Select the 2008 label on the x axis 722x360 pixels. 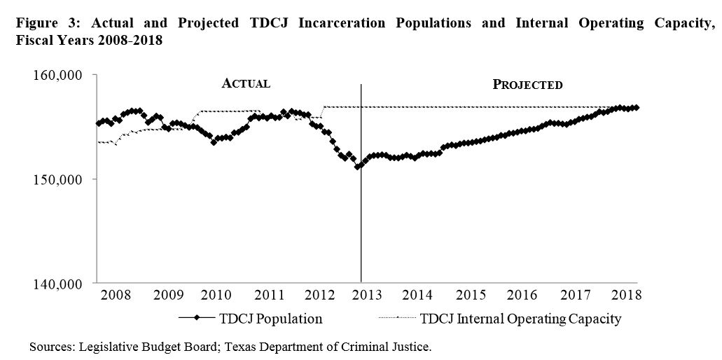coord(116,295)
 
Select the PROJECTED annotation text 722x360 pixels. coord(527,85)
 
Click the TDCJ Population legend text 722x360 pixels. coord(270,319)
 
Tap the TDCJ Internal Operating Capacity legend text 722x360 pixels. coord(521,319)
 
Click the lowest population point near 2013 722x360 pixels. coord(358,167)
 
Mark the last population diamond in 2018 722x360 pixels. coord(636,108)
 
